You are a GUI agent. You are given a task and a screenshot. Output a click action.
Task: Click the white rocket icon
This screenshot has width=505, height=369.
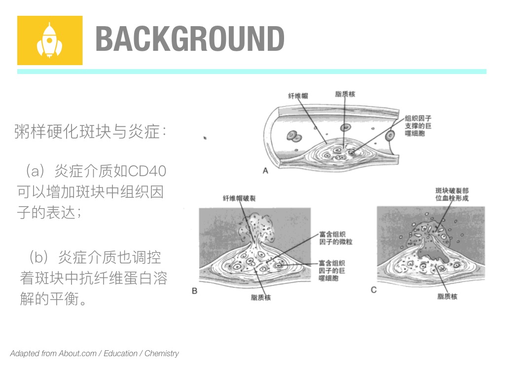pos(49,40)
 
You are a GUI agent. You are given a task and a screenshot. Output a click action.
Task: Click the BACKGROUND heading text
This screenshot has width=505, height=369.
pos(190,38)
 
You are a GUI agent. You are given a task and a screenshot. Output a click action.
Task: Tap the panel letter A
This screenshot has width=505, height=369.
pos(265,171)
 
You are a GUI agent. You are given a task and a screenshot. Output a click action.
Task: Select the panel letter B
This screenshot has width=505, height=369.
pos(194,291)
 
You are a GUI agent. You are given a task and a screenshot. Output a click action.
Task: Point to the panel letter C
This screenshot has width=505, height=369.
pos(374,290)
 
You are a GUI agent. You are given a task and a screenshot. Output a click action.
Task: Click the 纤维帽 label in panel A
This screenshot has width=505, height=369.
pos(298,96)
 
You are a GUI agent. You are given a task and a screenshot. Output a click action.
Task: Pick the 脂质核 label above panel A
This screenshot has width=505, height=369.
pos(345,94)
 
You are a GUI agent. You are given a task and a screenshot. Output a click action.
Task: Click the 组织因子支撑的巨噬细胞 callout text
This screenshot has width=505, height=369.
pos(418,126)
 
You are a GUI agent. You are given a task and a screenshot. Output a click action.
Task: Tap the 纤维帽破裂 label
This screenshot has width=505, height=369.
pos(239,198)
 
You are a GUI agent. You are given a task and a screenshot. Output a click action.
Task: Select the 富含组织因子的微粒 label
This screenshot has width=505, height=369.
pos(335,238)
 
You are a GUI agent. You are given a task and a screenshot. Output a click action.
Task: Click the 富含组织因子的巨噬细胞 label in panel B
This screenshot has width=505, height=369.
pos(332,270)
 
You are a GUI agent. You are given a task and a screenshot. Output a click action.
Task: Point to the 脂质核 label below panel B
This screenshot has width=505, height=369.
pos(261,297)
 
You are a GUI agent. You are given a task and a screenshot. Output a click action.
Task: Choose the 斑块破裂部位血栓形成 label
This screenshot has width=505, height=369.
pos(452,194)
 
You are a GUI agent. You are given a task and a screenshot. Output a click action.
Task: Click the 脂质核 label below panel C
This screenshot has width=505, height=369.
pos(447,296)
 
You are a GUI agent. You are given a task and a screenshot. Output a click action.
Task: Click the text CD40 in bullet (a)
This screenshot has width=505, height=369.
pos(147,171)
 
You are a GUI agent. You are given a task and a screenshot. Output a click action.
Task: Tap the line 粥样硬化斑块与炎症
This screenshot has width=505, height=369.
pos(91,132)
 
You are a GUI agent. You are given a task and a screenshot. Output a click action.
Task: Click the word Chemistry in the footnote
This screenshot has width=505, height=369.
pos(162,354)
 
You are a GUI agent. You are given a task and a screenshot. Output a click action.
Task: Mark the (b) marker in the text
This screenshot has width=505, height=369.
pos(39,258)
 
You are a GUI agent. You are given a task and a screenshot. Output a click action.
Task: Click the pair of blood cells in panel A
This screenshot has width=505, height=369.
pos(294,137)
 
